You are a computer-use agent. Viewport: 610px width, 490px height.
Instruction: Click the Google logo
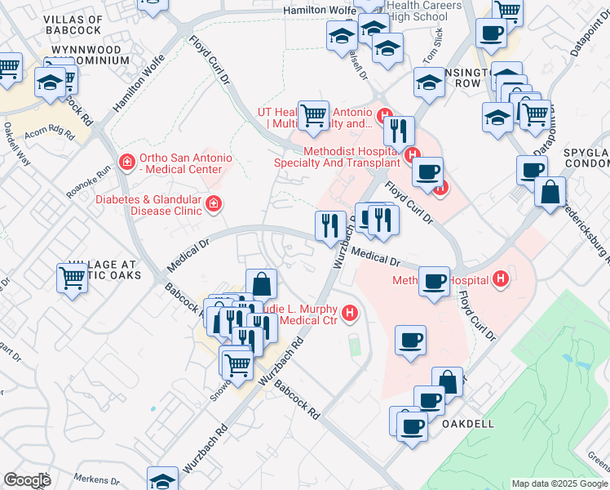click(x=27, y=480)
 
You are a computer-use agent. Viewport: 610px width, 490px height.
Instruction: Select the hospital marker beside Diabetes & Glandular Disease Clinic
click(x=213, y=203)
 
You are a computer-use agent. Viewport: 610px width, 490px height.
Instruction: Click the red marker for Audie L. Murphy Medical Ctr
click(x=350, y=312)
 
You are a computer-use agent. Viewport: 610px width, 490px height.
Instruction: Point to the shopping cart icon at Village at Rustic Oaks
click(x=73, y=277)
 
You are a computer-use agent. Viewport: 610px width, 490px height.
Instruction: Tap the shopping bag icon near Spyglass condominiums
click(x=550, y=192)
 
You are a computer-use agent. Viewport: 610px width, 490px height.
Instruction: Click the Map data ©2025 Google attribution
click(x=559, y=483)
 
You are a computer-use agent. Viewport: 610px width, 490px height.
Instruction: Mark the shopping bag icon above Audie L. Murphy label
click(x=261, y=284)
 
